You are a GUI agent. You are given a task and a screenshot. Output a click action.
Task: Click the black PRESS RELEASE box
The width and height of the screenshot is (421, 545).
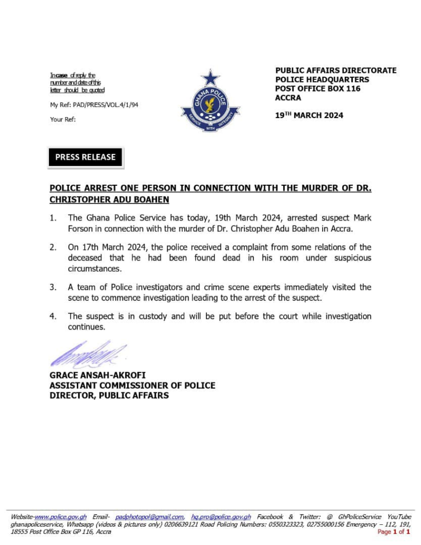(85, 157)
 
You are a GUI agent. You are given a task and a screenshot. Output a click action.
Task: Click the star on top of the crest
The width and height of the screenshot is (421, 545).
(210, 78)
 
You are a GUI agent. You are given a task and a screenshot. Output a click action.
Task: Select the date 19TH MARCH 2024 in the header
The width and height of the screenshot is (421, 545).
(309, 115)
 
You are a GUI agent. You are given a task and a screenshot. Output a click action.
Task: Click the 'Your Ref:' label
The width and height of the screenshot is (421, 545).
(63, 119)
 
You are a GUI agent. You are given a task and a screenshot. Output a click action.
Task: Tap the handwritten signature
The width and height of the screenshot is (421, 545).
(88, 354)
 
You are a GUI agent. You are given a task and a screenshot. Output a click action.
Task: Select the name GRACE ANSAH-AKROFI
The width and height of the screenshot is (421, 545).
(97, 376)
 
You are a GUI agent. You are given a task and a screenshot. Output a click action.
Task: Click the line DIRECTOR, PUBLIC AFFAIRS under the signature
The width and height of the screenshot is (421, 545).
(109, 395)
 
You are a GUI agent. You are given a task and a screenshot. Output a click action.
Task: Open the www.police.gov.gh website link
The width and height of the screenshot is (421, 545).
(61, 517)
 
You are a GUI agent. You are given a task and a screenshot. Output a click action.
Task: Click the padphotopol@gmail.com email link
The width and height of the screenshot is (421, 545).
(150, 517)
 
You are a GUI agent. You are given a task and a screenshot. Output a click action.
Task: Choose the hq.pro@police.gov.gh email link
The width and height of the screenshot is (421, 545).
(221, 517)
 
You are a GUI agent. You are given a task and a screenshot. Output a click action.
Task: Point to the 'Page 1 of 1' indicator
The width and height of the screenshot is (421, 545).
(393, 532)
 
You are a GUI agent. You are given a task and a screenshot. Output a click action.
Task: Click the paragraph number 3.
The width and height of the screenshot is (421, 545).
(53, 287)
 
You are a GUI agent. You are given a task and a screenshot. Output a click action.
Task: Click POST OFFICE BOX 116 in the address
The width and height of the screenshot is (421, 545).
(318, 88)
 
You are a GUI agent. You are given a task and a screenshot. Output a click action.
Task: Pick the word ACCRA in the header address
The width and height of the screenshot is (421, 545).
(288, 97)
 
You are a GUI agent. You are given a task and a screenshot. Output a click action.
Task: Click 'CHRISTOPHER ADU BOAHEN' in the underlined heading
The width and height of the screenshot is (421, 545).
(109, 200)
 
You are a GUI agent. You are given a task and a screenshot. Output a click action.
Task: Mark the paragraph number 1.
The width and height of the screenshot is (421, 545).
(53, 218)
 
